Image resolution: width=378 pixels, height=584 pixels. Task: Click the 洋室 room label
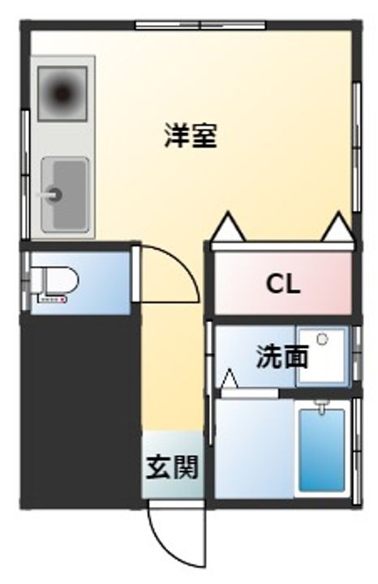(191, 135)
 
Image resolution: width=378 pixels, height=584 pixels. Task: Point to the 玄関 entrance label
(172, 468)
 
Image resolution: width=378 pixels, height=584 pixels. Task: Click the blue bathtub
(321, 449)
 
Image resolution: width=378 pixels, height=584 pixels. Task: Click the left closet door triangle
(228, 227)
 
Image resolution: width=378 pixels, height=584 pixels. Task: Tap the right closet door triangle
(337, 227)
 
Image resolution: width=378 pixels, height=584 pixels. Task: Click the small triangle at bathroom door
(230, 379)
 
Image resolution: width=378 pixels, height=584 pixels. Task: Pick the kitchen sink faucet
(52, 195)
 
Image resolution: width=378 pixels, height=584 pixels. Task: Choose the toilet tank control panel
(50, 301)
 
